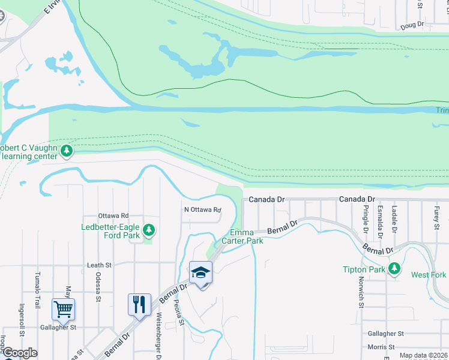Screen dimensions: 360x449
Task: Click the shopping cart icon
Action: (63, 309)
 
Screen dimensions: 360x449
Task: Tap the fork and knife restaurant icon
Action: (139, 304)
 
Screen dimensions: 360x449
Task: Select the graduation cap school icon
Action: (200, 272)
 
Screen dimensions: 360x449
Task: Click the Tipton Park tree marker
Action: (394, 268)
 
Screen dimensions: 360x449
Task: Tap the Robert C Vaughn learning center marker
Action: (67, 151)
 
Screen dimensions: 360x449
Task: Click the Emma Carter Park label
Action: (243, 236)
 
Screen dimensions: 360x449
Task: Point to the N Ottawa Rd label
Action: (202, 209)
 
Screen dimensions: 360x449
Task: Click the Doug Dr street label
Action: (412, 25)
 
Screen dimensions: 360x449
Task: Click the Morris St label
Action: (379, 347)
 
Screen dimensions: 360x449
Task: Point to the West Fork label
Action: (429, 275)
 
